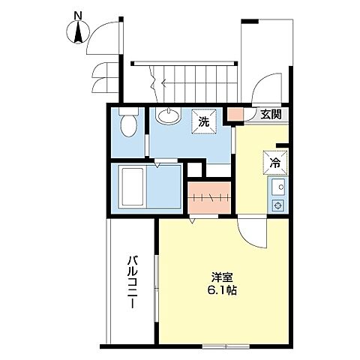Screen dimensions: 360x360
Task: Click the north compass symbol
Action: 78,31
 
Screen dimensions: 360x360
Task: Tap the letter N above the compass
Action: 78,14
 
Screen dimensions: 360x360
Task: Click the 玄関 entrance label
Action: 271,115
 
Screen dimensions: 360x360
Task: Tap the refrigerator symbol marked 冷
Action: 274,160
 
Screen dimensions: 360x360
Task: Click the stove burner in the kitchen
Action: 277,205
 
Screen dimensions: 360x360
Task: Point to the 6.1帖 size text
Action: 223,289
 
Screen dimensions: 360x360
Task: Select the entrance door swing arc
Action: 262,88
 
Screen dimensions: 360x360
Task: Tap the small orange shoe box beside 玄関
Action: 235,115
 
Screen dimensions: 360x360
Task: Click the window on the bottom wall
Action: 226,346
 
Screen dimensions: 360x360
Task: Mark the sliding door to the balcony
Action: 157,285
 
